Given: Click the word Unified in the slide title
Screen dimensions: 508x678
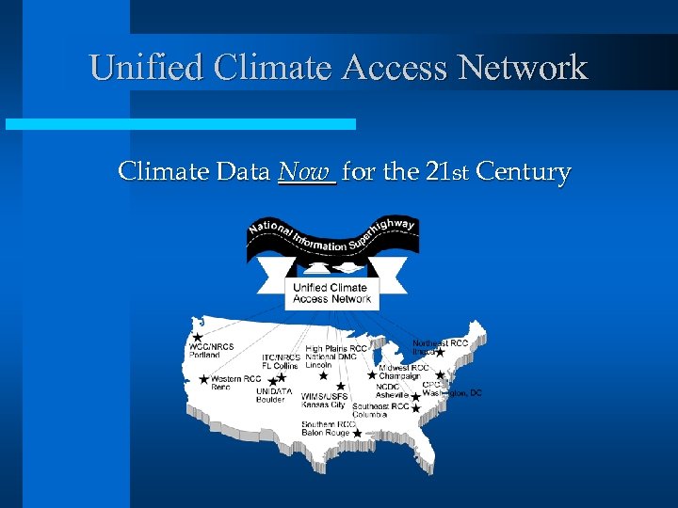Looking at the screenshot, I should [x=146, y=67].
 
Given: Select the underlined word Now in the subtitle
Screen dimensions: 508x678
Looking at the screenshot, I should [x=306, y=171].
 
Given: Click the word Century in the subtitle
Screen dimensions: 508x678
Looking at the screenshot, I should [x=524, y=171].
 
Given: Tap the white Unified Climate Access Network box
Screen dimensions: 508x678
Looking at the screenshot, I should [x=331, y=293].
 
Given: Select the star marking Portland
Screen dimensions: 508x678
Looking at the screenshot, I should [x=197, y=336].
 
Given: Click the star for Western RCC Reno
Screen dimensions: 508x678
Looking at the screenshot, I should [x=204, y=380].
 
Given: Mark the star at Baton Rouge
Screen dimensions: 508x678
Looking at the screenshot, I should [x=357, y=433].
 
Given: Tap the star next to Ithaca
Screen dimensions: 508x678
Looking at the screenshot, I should [x=440, y=352].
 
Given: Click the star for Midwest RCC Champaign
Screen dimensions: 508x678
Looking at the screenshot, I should [x=372, y=374].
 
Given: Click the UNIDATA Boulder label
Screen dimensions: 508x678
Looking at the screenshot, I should [x=274, y=395].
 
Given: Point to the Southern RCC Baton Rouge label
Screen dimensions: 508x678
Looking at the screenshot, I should [x=329, y=428].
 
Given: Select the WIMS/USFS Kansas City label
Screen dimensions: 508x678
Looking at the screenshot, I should [x=323, y=401].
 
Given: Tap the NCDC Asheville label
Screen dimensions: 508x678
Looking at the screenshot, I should [x=393, y=390].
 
